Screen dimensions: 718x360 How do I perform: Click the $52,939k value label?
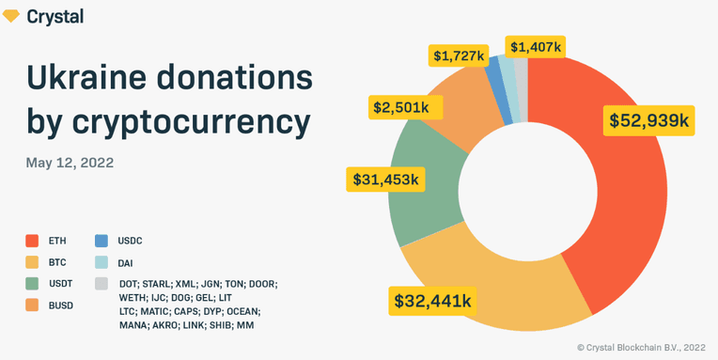click(648, 120)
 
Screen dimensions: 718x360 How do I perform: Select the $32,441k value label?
click(433, 301)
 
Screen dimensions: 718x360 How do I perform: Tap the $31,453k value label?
click(385, 180)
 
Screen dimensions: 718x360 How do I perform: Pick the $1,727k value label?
click(459, 57)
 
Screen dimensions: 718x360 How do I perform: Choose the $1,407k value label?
click(536, 47)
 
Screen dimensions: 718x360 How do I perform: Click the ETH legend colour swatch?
click(32, 241)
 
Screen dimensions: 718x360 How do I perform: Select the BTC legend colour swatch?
click(32, 262)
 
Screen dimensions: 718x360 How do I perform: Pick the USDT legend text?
click(60, 285)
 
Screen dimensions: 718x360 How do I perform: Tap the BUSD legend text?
click(60, 306)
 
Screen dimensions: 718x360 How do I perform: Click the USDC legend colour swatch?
click(101, 241)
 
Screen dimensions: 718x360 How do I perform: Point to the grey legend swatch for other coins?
click(101, 284)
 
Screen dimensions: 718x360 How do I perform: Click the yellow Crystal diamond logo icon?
click(11, 17)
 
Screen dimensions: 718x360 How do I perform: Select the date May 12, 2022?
click(70, 163)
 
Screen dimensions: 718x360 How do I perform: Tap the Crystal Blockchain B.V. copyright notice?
click(641, 348)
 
